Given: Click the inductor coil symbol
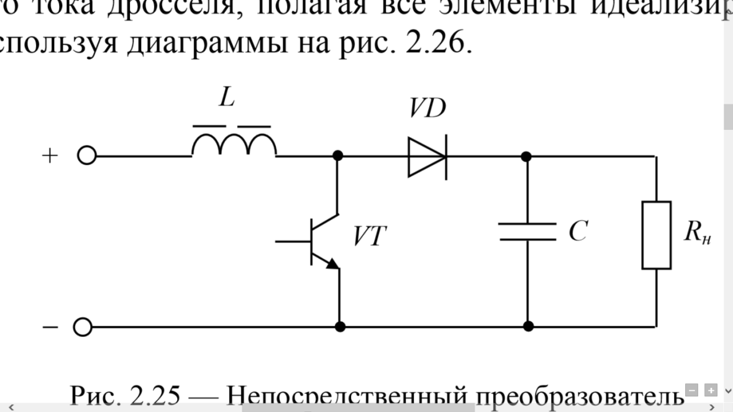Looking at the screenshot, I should pos(234,144).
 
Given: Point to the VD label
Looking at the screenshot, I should pos(427,109).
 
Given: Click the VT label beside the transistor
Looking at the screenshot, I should pos(370,237).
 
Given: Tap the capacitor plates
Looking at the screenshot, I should pos(527,231).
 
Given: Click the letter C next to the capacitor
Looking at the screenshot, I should pos(578,231).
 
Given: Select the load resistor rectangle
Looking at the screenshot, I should pos(656,235).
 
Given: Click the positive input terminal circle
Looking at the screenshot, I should pos(86,156).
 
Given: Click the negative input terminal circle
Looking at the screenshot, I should pos(83,326).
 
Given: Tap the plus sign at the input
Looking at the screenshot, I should pos(50,155).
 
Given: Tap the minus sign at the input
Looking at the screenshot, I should pos(50,326).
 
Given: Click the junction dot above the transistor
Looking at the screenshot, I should pos(338,155).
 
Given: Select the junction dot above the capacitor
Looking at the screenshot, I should pos(526,155).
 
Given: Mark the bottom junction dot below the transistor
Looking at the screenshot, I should pos(339,326).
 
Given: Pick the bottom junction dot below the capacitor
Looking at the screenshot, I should pos(528,326).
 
